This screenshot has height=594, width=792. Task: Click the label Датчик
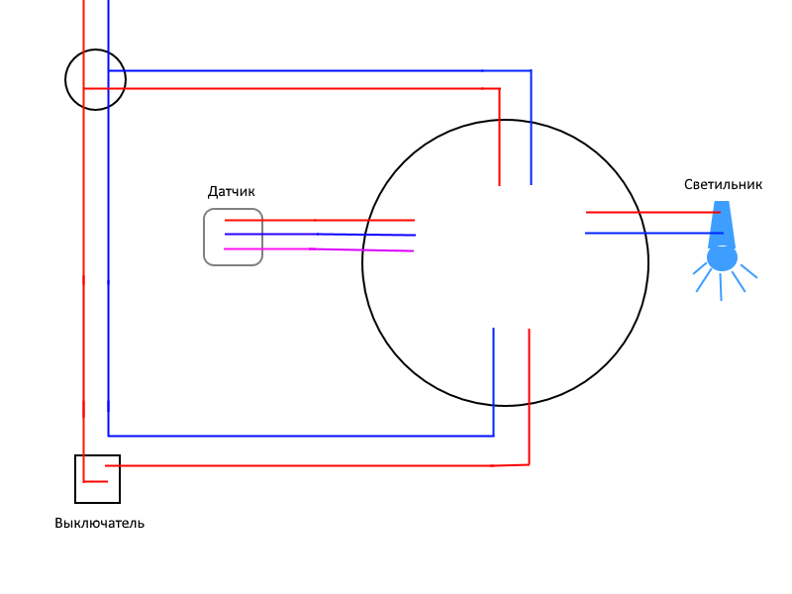tap(232, 191)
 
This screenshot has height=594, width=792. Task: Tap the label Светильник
tap(723, 184)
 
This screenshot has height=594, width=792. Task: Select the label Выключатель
tap(100, 523)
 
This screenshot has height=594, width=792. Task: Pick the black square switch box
tap(75, 479)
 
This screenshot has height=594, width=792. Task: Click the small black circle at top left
tap(65, 79)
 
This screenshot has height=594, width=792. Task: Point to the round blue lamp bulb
tap(722, 258)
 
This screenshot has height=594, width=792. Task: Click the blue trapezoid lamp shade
tap(722, 225)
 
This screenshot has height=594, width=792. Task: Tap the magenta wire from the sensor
tap(319, 249)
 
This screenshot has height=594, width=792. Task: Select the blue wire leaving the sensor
tap(320, 235)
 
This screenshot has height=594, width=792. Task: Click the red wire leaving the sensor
tap(319, 220)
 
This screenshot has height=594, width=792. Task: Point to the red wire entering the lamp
tap(653, 213)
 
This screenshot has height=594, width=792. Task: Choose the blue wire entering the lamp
tap(654, 234)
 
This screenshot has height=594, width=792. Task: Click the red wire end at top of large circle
tap(500, 185)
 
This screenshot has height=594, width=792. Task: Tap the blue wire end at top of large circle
tap(531, 184)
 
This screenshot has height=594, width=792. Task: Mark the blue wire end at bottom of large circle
tap(493, 329)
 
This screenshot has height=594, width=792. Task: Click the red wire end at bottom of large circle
tap(529, 330)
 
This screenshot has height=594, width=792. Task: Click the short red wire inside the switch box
tap(95, 481)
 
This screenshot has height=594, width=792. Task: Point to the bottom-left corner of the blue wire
tap(109, 436)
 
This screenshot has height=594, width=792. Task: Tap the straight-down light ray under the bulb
tap(721, 287)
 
